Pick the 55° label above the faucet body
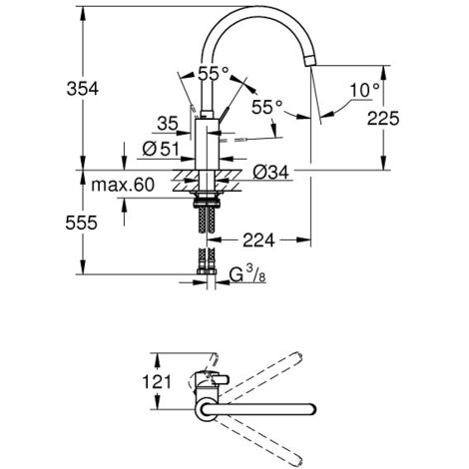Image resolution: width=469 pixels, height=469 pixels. (x=214, y=73)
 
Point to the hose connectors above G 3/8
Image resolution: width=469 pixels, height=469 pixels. (x=208, y=264)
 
